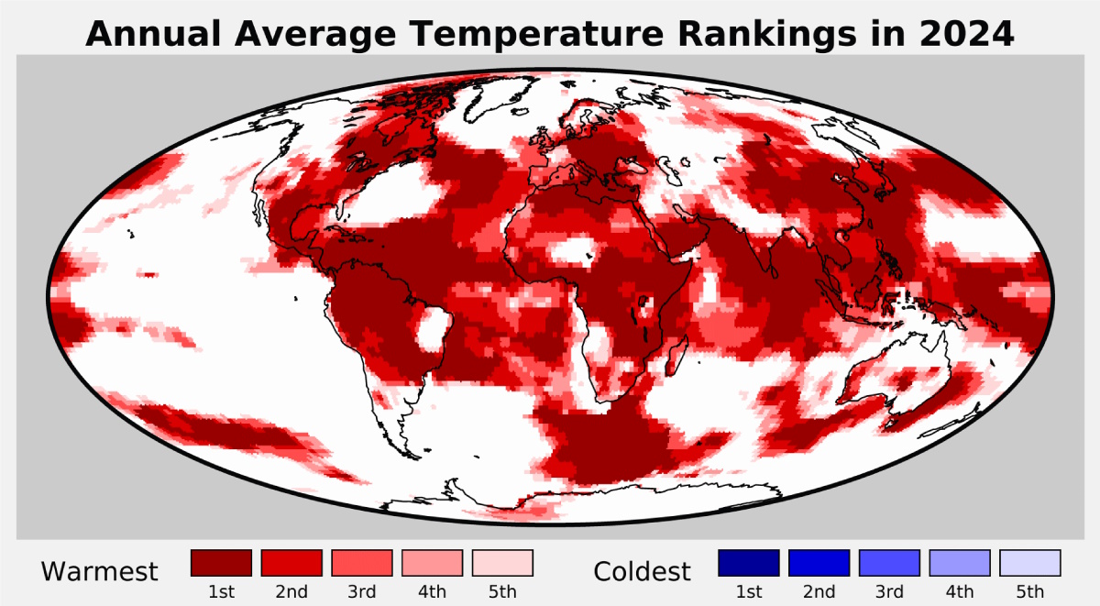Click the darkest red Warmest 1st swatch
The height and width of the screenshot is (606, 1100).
click(x=221, y=563)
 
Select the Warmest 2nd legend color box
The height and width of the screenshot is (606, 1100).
click(x=291, y=563)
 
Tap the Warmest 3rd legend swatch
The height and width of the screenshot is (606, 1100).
click(x=362, y=563)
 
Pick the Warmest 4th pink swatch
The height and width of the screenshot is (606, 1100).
click(x=432, y=563)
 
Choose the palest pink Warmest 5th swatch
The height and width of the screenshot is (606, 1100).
click(x=502, y=563)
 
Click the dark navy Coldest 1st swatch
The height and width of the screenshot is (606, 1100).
click(x=749, y=563)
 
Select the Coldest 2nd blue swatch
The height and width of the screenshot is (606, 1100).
click(x=819, y=563)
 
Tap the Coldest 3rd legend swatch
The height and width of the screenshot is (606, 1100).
click(x=890, y=563)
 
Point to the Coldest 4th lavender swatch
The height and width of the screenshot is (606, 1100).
click(x=960, y=563)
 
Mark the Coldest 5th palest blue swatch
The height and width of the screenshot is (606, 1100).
click(x=1030, y=563)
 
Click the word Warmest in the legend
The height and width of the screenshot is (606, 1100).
click(x=99, y=572)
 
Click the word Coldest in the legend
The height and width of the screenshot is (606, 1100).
click(x=642, y=572)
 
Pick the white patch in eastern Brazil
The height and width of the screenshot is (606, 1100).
click(x=432, y=331)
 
